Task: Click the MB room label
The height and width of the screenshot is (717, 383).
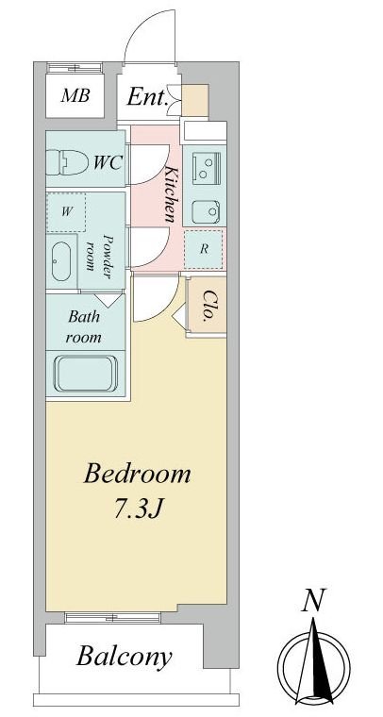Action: coord(75,95)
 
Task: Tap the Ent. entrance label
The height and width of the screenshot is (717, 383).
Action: coord(146,97)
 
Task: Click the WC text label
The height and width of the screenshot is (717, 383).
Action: coord(108,162)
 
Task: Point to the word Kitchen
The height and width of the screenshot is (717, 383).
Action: coord(169,194)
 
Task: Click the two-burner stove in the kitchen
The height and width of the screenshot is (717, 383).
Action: coord(206,167)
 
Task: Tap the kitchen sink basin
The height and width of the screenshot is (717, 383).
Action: coord(206,211)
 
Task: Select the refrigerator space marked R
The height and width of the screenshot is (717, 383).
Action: coord(204,249)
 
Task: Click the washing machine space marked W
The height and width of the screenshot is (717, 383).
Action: coord(66,212)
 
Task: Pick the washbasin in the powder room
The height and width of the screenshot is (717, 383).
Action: coord(60,261)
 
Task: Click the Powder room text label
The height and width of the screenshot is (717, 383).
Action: coord(99,253)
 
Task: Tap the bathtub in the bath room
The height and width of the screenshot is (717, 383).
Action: coord(86,374)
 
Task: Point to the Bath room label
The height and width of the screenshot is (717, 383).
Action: coord(84,327)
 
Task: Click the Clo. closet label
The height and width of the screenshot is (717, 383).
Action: coord(208,305)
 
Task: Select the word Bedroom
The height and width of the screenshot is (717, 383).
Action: coord(137,475)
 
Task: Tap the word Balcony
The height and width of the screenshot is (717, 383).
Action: coord(125,658)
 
